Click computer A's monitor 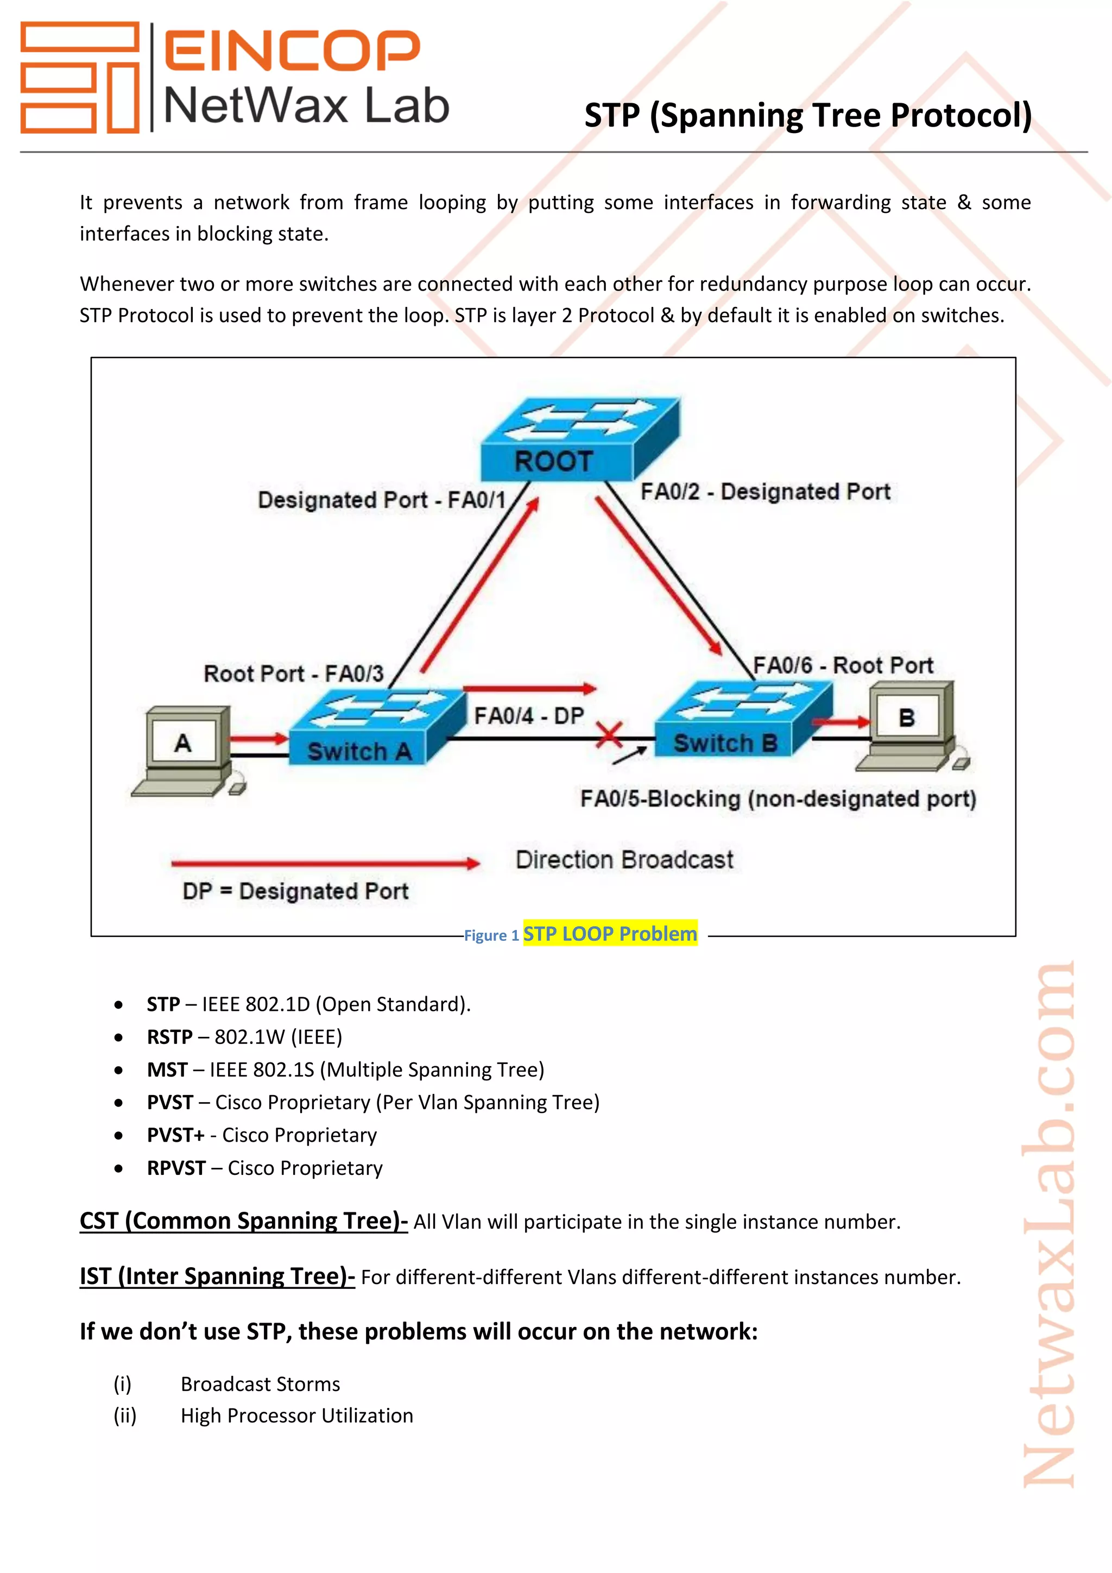(184, 741)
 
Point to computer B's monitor (908, 716)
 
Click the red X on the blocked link (609, 737)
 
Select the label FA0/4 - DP (529, 716)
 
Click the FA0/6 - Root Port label (843, 665)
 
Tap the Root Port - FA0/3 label (293, 674)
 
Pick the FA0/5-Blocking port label (778, 799)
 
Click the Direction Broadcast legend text (624, 860)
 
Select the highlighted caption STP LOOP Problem (610, 934)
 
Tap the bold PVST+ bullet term (175, 1135)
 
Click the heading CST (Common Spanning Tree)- (243, 1221)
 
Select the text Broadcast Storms (260, 1385)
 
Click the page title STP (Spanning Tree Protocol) (807, 115)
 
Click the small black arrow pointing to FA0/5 (629, 756)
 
